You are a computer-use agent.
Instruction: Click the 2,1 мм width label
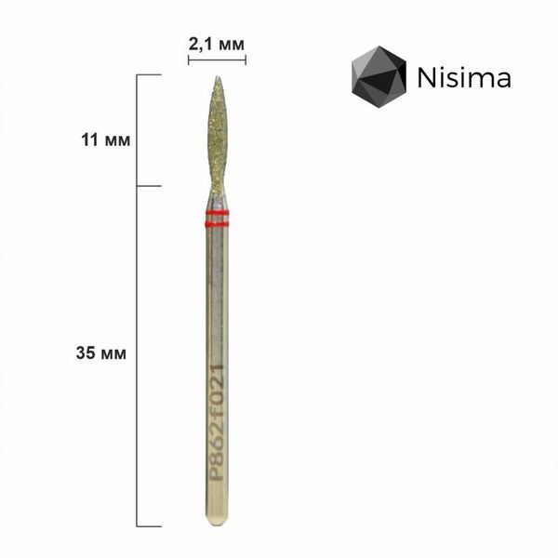tap(217, 45)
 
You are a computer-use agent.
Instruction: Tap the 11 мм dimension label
tap(106, 139)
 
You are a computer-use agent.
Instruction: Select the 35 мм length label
tap(101, 353)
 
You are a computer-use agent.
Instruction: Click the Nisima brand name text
tap(464, 77)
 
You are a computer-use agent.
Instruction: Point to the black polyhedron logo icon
tap(379, 76)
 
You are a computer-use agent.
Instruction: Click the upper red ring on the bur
tap(217, 213)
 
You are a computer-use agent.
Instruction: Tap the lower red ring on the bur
tap(217, 224)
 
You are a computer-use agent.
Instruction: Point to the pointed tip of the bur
tap(218, 76)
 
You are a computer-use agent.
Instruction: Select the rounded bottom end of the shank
tap(217, 521)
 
